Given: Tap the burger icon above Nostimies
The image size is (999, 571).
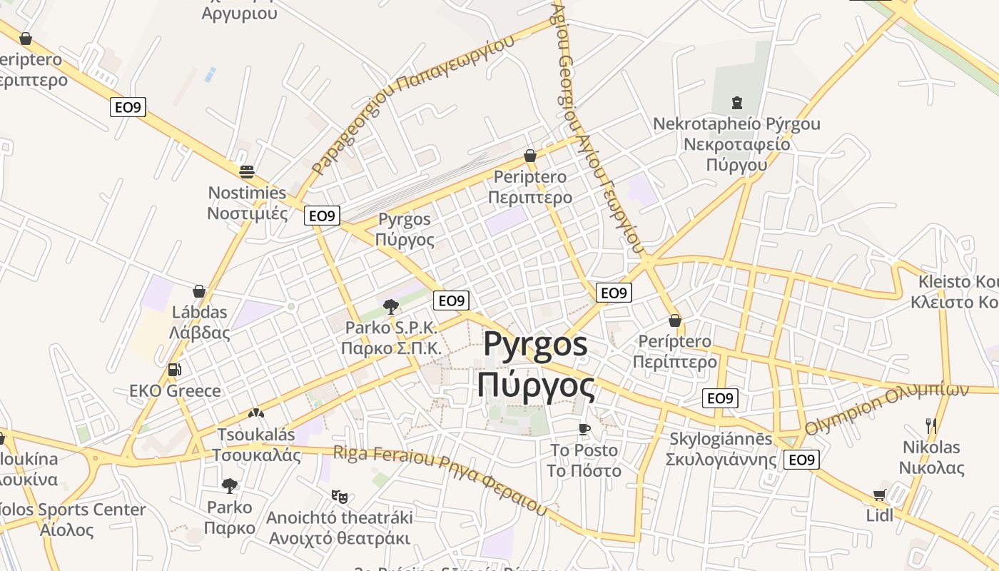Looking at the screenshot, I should coord(247,171).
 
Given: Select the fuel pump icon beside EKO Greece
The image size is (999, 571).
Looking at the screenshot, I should coord(174,370).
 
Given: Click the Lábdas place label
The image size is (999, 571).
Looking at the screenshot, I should coord(199,312).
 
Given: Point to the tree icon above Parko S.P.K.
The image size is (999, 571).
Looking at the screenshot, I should coord(390,307).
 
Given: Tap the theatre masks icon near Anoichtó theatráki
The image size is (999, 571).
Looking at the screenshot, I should coord(339,495).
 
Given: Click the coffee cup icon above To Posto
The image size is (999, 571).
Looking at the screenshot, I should coord(584,429).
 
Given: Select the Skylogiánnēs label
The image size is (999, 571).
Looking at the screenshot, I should coord(721,439).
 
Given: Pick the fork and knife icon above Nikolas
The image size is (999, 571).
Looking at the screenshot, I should coord(931,426).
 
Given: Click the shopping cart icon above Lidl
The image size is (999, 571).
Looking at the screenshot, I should coord(879,495).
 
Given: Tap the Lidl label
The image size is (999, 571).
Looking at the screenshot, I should coord(879,515).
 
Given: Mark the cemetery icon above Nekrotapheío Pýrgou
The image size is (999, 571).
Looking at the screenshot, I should coord(737,103).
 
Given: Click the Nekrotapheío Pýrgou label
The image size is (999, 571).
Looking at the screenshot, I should coord(736,124).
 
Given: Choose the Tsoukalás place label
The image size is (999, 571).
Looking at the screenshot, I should coord(255,435).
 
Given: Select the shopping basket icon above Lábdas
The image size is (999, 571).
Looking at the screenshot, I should coord(199,291).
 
